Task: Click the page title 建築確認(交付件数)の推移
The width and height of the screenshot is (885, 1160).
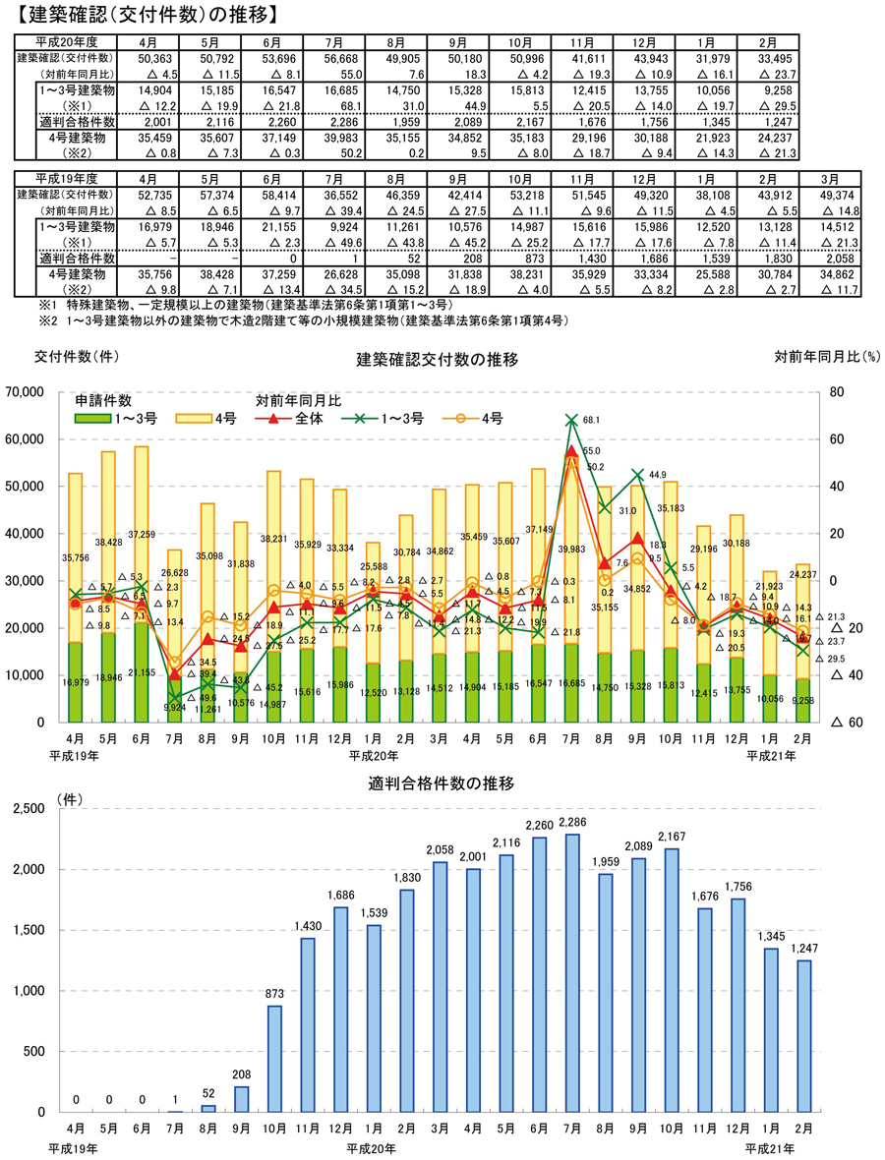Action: point(139,15)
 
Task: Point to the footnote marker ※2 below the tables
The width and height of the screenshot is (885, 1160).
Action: point(46,320)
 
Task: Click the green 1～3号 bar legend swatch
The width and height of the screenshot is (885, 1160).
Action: point(96,419)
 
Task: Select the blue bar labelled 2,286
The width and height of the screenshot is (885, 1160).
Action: point(571,973)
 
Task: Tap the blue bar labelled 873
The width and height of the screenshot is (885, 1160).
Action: point(273,1059)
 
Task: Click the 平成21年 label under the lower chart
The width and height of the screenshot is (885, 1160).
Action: point(770,1147)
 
